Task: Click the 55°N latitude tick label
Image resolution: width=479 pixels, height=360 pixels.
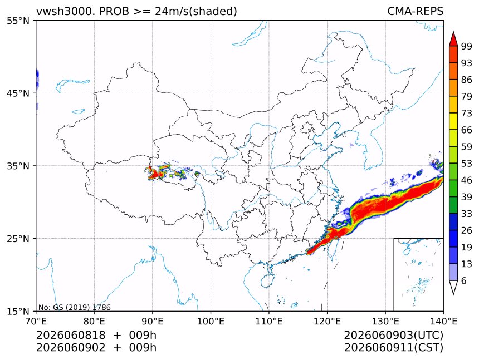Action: (x=18, y=21)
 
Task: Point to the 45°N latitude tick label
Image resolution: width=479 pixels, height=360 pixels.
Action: (x=18, y=93)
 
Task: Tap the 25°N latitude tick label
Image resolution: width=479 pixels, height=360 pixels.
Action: (x=18, y=238)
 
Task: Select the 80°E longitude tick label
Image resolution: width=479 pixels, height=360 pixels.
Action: (x=94, y=321)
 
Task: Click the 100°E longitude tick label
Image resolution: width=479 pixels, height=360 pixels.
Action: (x=211, y=321)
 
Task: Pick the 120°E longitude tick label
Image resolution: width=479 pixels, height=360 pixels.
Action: (x=327, y=321)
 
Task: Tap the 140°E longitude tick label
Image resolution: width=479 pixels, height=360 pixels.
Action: (x=443, y=321)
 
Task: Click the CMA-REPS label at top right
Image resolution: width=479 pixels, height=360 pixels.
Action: (x=415, y=11)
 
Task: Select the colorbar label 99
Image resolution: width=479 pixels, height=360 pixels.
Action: (x=467, y=46)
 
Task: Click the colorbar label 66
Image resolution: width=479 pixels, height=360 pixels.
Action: (x=467, y=130)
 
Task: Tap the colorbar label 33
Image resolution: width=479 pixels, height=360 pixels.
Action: (x=467, y=214)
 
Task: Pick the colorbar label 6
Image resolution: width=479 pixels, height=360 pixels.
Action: (x=464, y=280)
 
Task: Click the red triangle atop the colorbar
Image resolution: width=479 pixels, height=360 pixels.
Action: (x=453, y=40)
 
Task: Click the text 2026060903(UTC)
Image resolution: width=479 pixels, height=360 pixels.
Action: (x=393, y=335)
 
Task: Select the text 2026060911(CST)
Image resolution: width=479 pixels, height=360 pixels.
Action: (x=393, y=348)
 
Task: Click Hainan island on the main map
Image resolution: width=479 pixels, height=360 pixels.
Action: (x=267, y=280)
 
